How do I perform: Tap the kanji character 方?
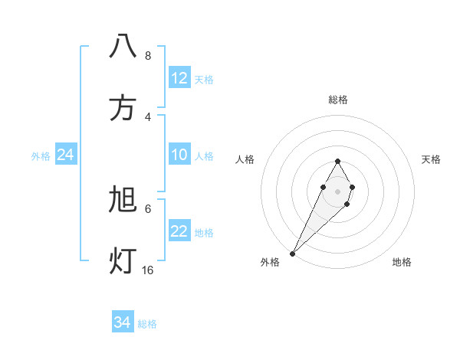tap(123, 108)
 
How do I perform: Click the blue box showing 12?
tap(179, 78)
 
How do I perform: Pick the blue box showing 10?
tap(179, 155)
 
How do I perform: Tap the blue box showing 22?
tap(179, 231)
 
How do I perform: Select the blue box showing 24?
tap(66, 155)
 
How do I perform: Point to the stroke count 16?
tap(148, 270)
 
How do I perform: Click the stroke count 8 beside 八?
tap(148, 55)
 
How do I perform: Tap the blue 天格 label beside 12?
tap(204, 80)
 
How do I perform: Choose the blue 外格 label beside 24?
tap(41, 156)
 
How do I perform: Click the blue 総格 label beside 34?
tap(147, 324)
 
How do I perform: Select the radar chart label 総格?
tap(338, 100)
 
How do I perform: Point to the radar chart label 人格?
tap(245, 159)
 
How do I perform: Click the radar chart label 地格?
tap(402, 262)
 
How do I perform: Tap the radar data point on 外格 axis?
tap(293, 253)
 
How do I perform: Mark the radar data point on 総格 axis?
tap(337, 162)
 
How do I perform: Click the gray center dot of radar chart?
tap(337, 190)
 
